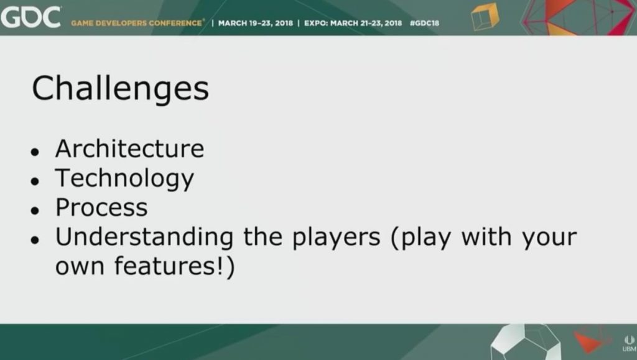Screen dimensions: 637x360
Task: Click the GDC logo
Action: pyautogui.click(x=31, y=17)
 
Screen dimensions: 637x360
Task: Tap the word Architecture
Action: pyautogui.click(x=129, y=149)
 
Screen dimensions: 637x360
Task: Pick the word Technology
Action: pyautogui.click(x=124, y=179)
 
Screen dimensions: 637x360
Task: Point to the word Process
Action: pyautogui.click(x=101, y=208)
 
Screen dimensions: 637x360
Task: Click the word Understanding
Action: pyautogui.click(x=144, y=237)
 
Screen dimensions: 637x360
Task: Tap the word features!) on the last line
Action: pyautogui.click(x=175, y=267)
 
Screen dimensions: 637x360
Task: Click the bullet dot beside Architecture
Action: pyautogui.click(x=35, y=152)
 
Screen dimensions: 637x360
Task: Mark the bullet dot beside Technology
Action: pyautogui.click(x=35, y=182)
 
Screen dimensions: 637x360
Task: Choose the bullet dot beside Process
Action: pyautogui.click(x=35, y=211)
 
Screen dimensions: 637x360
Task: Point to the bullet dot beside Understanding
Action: pyautogui.click(x=35, y=240)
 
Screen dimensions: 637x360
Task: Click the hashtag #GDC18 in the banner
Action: pyautogui.click(x=424, y=23)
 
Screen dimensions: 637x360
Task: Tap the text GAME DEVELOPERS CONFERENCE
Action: pyautogui.click(x=137, y=23)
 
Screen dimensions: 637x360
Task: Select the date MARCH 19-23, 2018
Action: pyautogui.click(x=256, y=23)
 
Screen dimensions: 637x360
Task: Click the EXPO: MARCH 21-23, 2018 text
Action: pyautogui.click(x=353, y=23)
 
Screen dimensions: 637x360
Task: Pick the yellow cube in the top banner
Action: pyautogui.click(x=485, y=16)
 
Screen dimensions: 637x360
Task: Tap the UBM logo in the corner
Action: pyautogui.click(x=630, y=343)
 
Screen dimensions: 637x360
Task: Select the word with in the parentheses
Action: pyautogui.click(x=486, y=237)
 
